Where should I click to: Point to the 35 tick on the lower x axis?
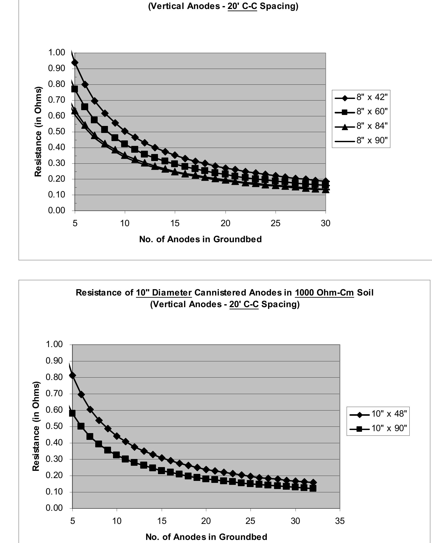point(340,521)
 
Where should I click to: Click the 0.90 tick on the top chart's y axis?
point(57,68)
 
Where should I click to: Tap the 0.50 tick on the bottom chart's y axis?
point(54,426)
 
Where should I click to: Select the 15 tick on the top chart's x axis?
point(175,223)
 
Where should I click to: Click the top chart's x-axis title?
point(200,239)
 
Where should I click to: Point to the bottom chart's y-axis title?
point(36,426)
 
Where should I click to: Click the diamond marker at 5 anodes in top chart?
point(75,63)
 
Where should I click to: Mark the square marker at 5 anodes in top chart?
point(74,89)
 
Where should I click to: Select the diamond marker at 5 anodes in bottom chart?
point(72,375)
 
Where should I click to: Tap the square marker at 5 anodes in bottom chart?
point(72,413)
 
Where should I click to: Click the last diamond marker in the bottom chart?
point(313,482)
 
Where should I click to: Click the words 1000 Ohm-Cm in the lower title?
point(324,293)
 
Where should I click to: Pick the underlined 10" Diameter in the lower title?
point(164,293)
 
